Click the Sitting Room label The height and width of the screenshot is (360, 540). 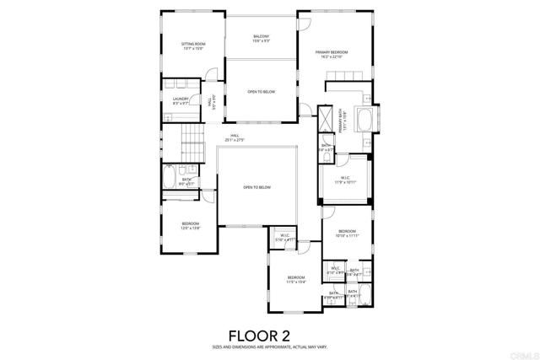click(x=192, y=46)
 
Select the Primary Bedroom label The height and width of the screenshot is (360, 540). click(x=332, y=55)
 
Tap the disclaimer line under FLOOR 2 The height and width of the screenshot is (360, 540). click(x=270, y=347)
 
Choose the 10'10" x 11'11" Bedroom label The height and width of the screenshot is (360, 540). click(x=348, y=234)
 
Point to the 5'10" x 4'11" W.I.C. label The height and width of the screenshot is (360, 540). click(x=286, y=238)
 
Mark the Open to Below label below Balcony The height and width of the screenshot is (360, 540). click(x=259, y=92)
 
